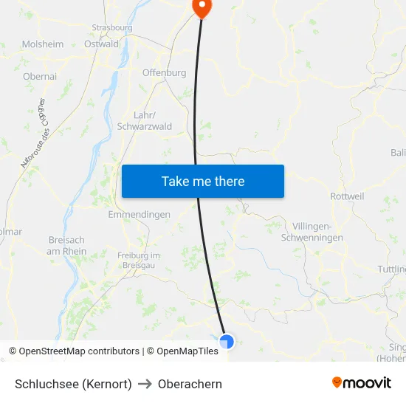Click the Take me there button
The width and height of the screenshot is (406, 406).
(x=202, y=181)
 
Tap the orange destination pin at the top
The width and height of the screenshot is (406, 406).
(x=201, y=7)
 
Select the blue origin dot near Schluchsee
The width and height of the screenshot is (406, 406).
(x=227, y=341)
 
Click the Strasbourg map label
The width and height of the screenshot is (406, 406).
(x=112, y=28)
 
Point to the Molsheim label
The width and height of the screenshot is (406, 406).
(x=42, y=44)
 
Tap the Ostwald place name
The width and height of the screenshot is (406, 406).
(x=101, y=44)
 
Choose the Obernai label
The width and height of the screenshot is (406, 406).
(x=40, y=76)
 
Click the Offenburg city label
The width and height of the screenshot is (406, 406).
(x=164, y=73)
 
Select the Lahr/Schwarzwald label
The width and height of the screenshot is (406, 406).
(x=144, y=121)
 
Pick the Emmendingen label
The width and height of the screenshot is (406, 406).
(x=139, y=215)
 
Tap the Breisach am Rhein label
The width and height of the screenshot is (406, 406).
(x=66, y=246)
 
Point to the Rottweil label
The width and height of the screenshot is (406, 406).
(x=348, y=197)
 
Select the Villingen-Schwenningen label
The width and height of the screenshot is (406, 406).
(x=312, y=232)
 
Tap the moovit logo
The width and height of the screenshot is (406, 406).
(x=361, y=383)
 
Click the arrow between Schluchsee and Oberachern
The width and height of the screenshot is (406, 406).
(x=145, y=384)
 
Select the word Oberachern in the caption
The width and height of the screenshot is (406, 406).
(x=190, y=384)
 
